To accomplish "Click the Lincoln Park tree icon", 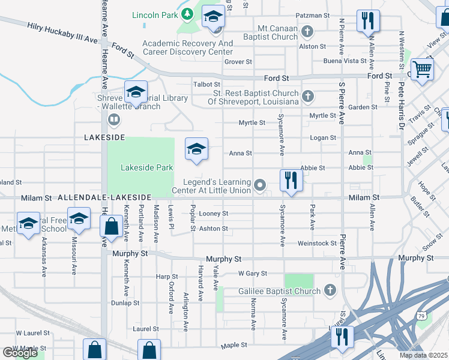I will click(187, 13).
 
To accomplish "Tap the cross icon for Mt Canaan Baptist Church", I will click(307, 31).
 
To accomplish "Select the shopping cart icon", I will click(423, 69).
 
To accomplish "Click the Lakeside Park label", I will click(148, 168).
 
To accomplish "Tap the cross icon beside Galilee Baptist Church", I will click(329, 291).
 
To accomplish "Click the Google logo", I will click(20, 353).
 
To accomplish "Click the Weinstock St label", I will click(317, 243).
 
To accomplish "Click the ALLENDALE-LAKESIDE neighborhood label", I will click(104, 197).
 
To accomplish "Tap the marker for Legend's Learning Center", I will click(260, 185).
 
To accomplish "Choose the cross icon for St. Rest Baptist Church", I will click(307, 96).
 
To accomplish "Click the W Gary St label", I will click(252, 274).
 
